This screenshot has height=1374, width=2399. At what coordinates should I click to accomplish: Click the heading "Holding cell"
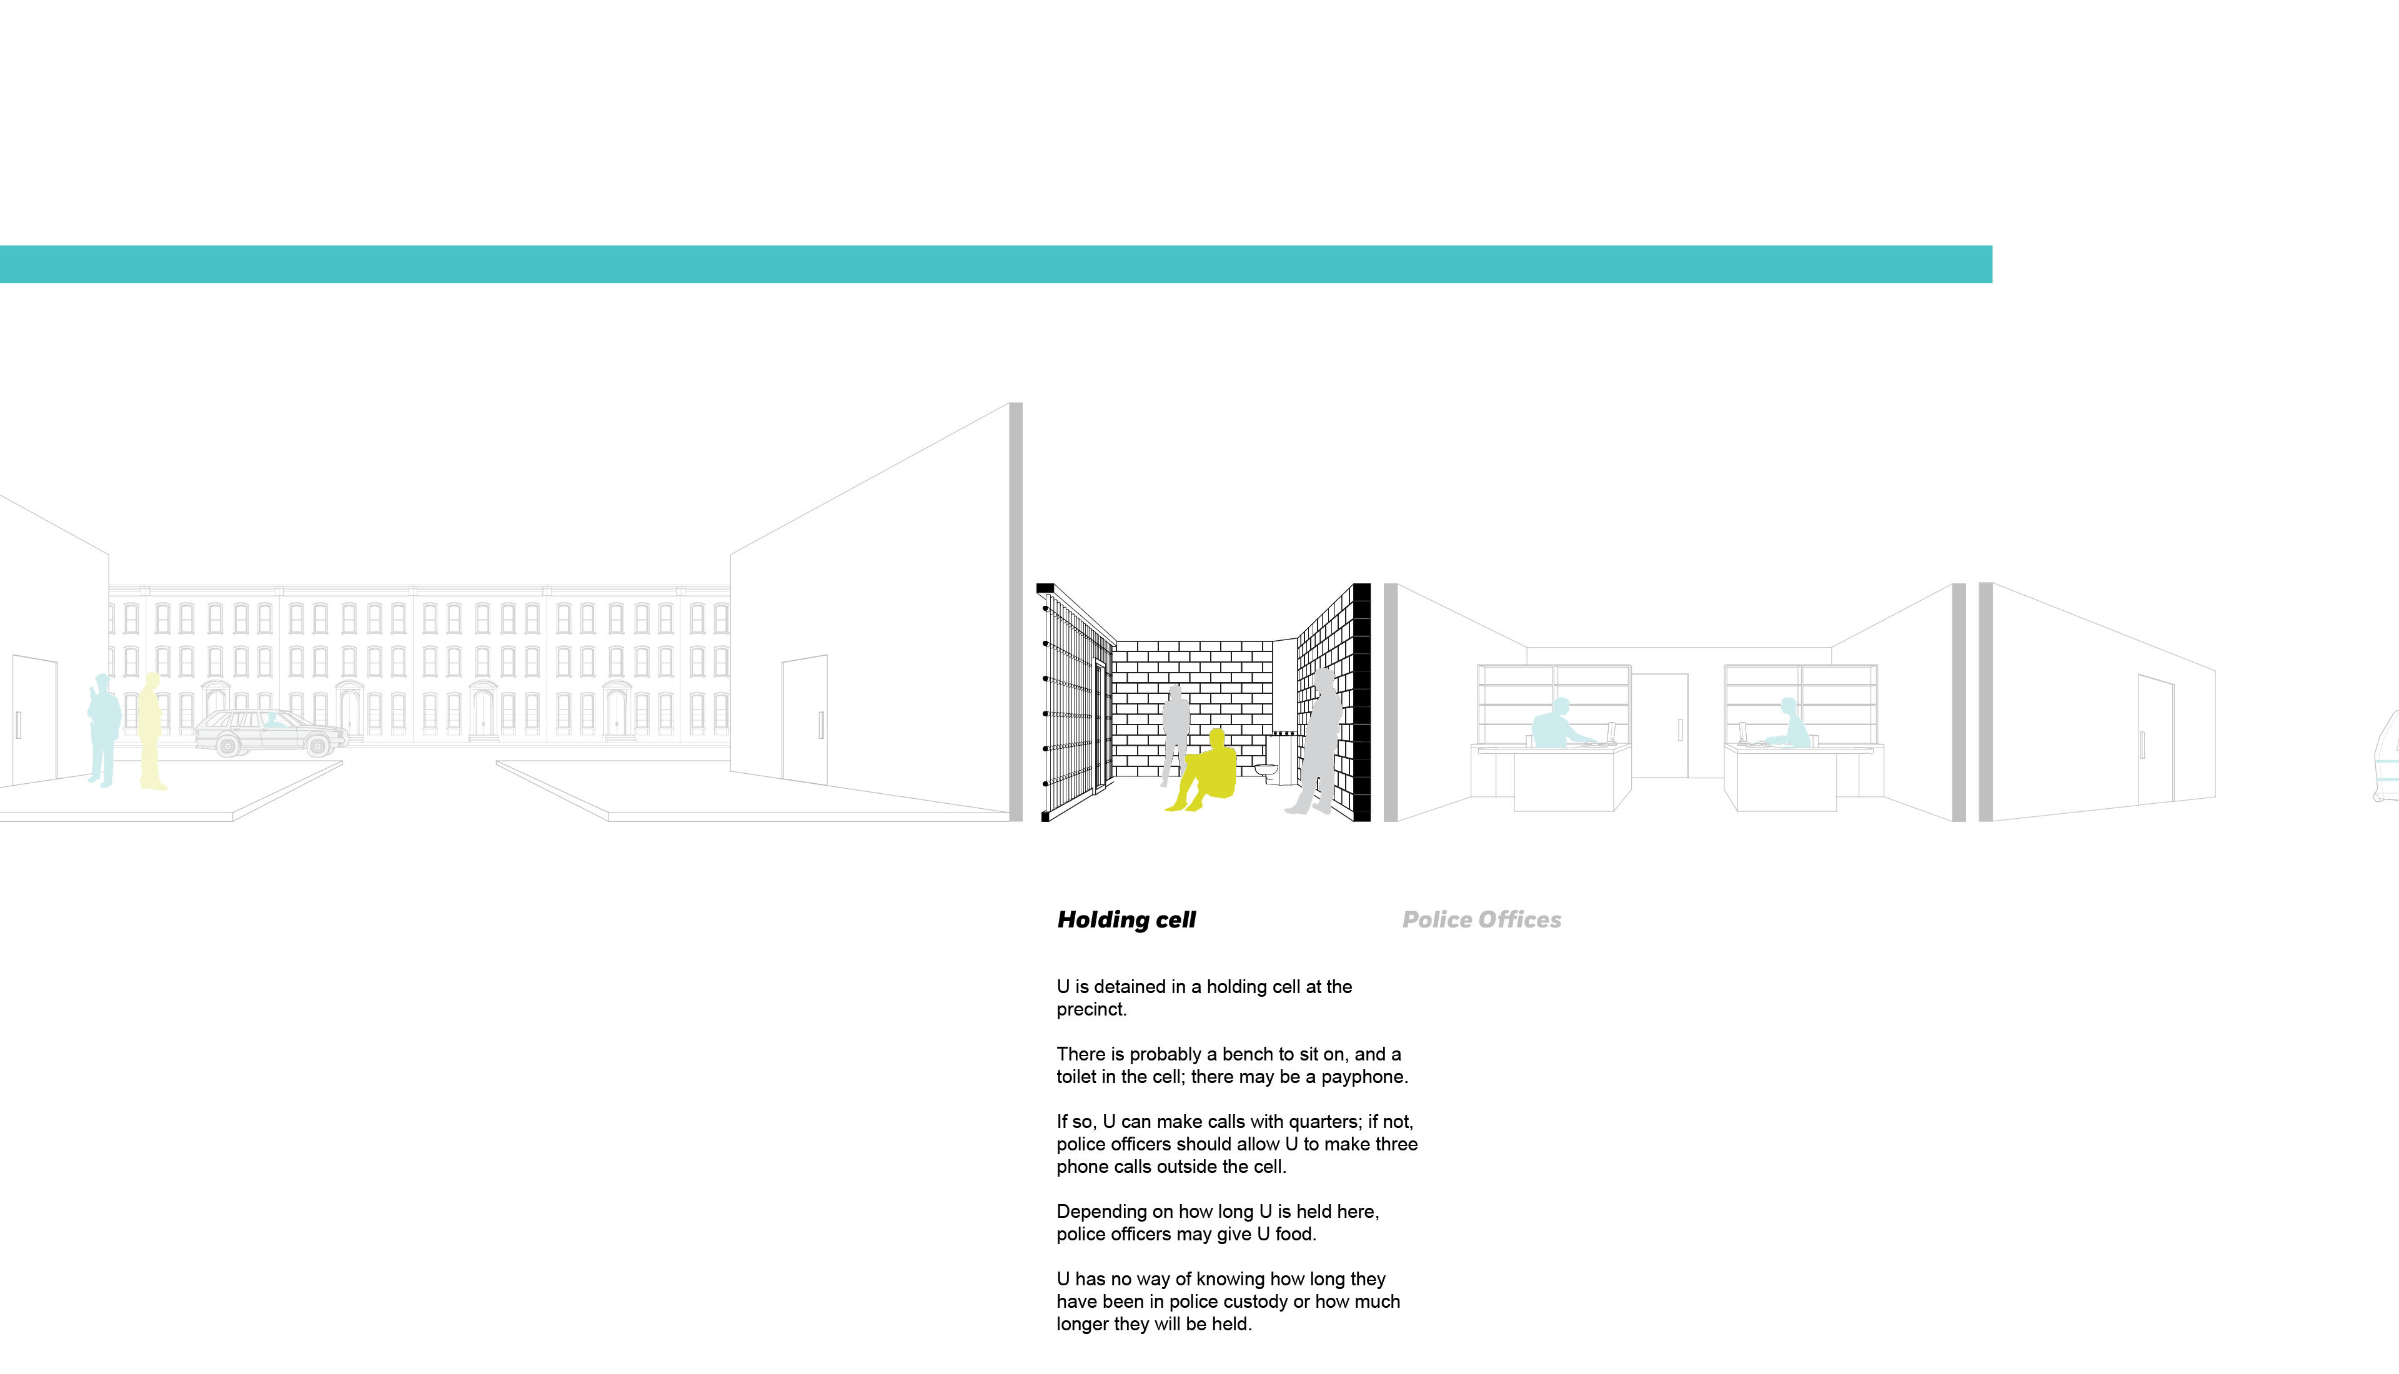(1126, 920)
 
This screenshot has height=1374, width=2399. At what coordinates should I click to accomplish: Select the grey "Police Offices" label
(1482, 920)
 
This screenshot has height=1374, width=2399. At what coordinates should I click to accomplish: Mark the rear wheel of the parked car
(227, 746)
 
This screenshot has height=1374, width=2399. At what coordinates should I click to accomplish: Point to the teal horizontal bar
(996, 264)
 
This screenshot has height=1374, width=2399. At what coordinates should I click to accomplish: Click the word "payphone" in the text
(1364, 1077)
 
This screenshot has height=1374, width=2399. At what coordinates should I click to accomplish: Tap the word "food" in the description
(1296, 1234)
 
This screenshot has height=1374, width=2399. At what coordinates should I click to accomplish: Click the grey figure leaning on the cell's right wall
(1318, 742)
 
